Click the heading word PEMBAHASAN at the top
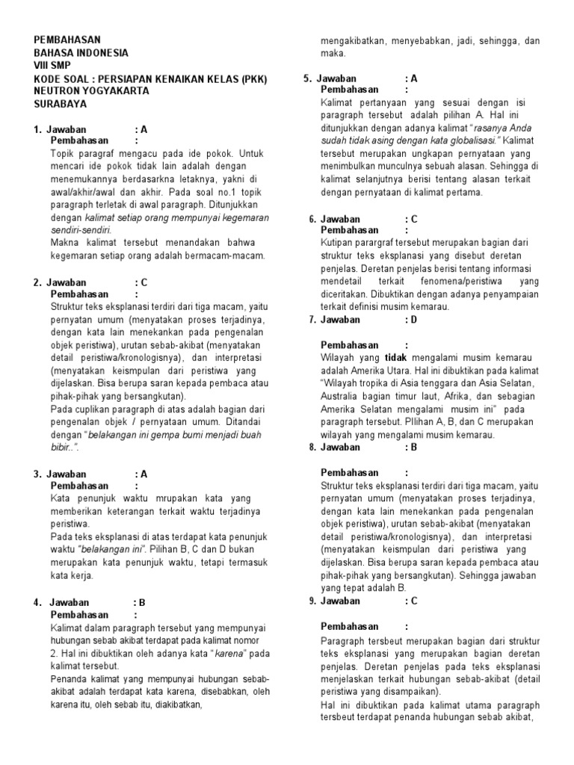(x=67, y=40)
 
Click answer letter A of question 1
(x=144, y=129)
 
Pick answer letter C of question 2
(x=144, y=282)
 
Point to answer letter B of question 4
(x=142, y=602)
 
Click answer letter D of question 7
(x=413, y=319)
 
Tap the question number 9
(x=312, y=601)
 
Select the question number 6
(x=312, y=219)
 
